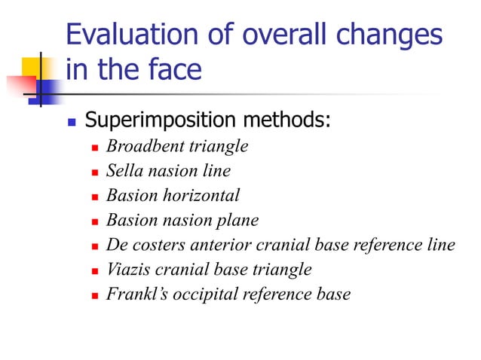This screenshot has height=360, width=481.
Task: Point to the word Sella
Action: pos(123,171)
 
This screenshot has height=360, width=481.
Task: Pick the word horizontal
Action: pos(200,195)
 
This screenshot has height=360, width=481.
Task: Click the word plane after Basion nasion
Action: pos(239,220)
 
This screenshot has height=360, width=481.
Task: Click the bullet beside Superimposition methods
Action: pos(72,121)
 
